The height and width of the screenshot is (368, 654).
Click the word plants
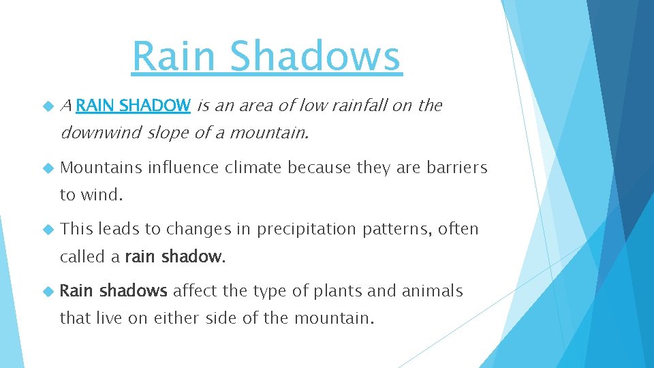click(338, 292)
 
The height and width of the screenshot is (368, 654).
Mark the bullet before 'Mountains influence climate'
click(48, 168)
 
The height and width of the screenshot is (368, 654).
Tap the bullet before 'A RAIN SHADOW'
click(48, 106)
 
